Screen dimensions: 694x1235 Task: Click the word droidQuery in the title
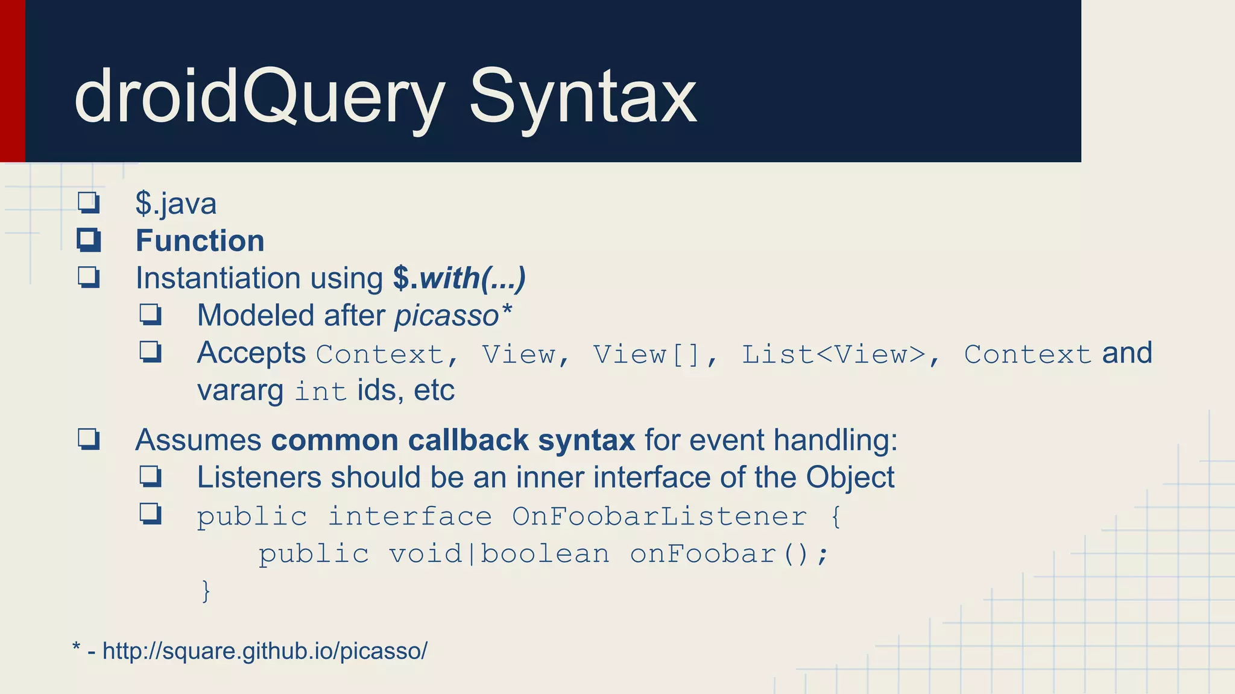click(259, 96)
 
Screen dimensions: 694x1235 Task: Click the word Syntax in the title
click(583, 96)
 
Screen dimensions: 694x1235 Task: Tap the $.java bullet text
click(175, 204)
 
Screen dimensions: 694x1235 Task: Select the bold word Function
click(200, 241)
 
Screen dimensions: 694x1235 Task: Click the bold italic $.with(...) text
click(460, 278)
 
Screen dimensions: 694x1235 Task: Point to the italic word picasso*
click(453, 316)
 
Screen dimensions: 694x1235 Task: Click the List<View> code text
click(833, 354)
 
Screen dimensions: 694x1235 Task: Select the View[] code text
click(647, 354)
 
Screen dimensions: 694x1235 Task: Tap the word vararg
click(240, 390)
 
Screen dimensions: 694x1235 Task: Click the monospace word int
click(320, 392)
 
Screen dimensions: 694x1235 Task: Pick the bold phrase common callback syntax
click(452, 440)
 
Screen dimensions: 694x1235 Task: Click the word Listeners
click(259, 477)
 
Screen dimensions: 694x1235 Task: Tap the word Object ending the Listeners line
click(850, 477)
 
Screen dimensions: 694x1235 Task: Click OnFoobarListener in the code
click(659, 517)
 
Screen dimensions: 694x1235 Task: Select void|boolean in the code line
click(499, 554)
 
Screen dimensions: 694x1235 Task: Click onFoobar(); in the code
click(729, 554)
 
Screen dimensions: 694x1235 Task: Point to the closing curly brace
click(206, 590)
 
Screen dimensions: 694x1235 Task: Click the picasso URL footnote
click(265, 651)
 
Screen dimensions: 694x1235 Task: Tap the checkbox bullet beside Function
click(89, 240)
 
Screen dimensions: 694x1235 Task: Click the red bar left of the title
click(12, 81)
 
